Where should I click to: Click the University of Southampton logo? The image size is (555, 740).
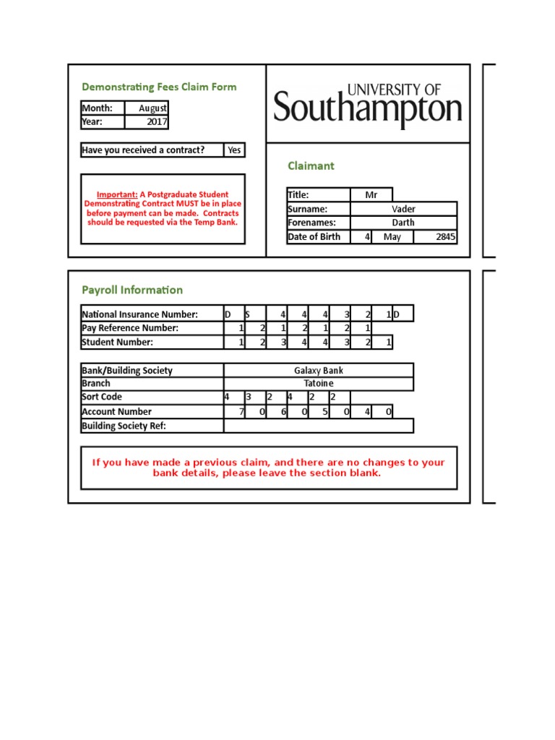pyautogui.click(x=368, y=105)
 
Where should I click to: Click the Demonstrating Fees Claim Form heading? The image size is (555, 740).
pyautogui.click(x=159, y=87)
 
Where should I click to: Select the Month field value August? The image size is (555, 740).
pyautogui.click(x=152, y=108)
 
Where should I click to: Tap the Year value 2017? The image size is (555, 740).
pyautogui.click(x=156, y=122)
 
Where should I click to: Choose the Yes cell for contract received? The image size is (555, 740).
pyautogui.click(x=234, y=150)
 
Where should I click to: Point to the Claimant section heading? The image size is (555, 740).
pyautogui.click(x=311, y=166)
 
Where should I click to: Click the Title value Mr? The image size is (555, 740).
pyautogui.click(x=371, y=195)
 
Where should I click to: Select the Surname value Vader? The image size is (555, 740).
pyautogui.click(x=403, y=209)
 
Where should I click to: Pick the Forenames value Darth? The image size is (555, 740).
pyautogui.click(x=403, y=223)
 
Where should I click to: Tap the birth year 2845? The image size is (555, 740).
pyautogui.click(x=446, y=237)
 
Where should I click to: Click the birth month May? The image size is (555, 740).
pyautogui.click(x=392, y=237)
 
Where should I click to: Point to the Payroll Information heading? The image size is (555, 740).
pyautogui.click(x=132, y=291)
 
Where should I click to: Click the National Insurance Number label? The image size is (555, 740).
pyautogui.click(x=139, y=314)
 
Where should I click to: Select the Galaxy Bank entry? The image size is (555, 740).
pyautogui.click(x=319, y=371)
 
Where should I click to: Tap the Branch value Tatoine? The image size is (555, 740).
pyautogui.click(x=319, y=384)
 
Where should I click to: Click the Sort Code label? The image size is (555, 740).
pyautogui.click(x=102, y=397)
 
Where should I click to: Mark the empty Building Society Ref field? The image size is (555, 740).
pyautogui.click(x=319, y=426)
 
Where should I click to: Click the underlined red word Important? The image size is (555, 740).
pyautogui.click(x=117, y=194)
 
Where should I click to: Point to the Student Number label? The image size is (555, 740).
pyautogui.click(x=117, y=343)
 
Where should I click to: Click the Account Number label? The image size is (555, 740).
pyautogui.click(x=117, y=412)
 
